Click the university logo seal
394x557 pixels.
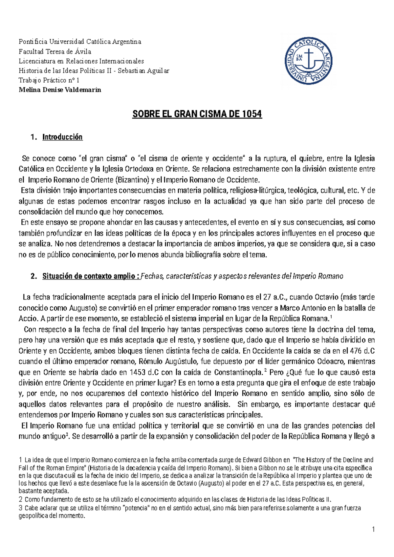coord(308,61)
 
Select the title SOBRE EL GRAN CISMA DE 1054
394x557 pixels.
coord(197,114)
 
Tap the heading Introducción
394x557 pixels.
coord(62,137)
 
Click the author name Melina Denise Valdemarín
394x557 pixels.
coord(60,90)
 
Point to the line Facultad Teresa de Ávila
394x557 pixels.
coord(55,52)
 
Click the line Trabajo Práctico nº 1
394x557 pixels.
coord(49,80)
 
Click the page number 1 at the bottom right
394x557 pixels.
coord(373,529)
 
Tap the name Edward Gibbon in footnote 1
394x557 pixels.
coord(262,460)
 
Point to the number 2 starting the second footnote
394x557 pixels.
coord(20,500)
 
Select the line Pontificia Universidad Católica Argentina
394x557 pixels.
coord(80,42)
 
